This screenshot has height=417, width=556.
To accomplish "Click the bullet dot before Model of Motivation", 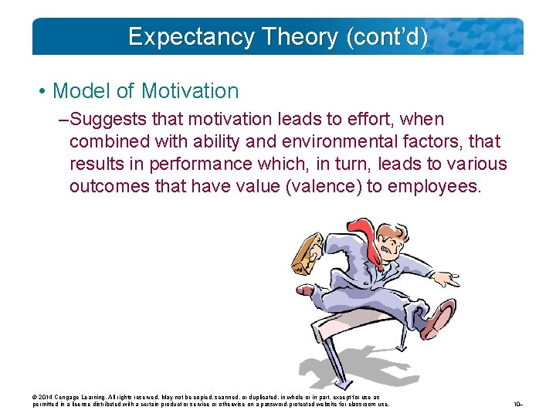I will [x=41, y=92].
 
